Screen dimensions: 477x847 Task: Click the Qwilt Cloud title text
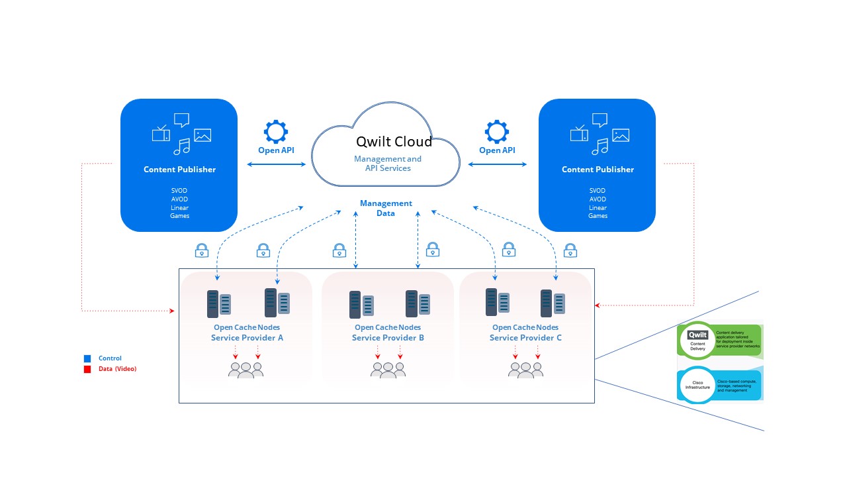[x=394, y=142]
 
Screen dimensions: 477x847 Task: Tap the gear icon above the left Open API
[x=275, y=132]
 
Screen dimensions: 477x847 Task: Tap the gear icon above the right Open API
[x=497, y=132]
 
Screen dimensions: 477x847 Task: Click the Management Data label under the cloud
[x=386, y=208]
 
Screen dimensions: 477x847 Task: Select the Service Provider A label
[x=247, y=338]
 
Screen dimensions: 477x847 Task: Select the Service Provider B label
[x=388, y=338]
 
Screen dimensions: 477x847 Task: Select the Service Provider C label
[x=525, y=338]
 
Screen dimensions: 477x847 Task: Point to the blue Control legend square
[x=87, y=358]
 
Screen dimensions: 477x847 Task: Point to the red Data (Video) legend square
[x=87, y=369]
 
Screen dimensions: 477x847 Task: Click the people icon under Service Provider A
[x=245, y=370]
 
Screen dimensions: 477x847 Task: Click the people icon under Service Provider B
[x=388, y=370]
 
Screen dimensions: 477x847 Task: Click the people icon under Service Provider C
[x=525, y=370]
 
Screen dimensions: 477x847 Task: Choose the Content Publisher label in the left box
[x=179, y=170]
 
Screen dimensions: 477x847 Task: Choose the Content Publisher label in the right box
[x=598, y=170]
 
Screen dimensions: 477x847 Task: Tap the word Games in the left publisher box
[x=179, y=216]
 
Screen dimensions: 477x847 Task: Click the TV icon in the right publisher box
[x=579, y=134]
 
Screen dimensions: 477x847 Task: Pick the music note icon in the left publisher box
[x=181, y=146]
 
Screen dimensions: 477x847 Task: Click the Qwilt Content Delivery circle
[x=697, y=339]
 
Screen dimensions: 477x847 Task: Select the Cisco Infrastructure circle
[x=697, y=384]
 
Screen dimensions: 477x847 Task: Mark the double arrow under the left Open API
[x=275, y=164]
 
